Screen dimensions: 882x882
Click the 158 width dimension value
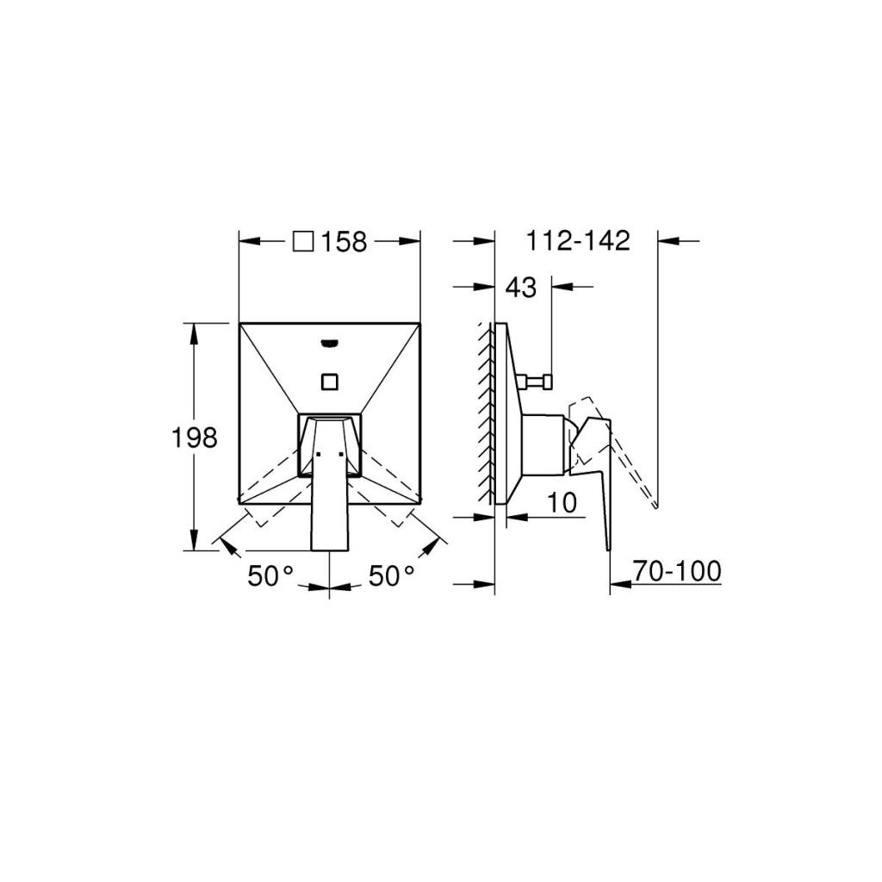click(344, 242)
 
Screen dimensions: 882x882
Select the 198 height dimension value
click(194, 437)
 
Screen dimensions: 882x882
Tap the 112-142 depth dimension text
click(578, 241)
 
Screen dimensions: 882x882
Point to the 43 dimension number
click(521, 288)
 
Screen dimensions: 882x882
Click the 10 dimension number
click(562, 502)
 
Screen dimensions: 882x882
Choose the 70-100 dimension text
click(677, 571)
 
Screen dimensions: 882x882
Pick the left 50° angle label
click(270, 575)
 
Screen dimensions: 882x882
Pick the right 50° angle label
click(392, 575)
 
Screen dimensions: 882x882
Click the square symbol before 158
click(303, 242)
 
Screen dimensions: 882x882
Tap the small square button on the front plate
click(330, 382)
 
